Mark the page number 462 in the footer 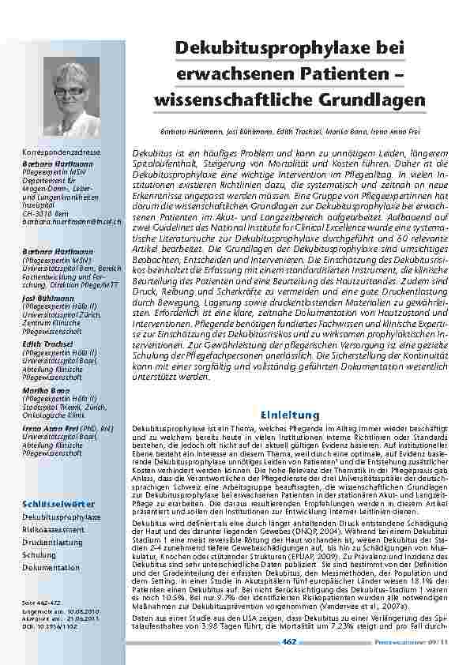(289, 641)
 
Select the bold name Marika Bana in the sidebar (43, 391)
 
